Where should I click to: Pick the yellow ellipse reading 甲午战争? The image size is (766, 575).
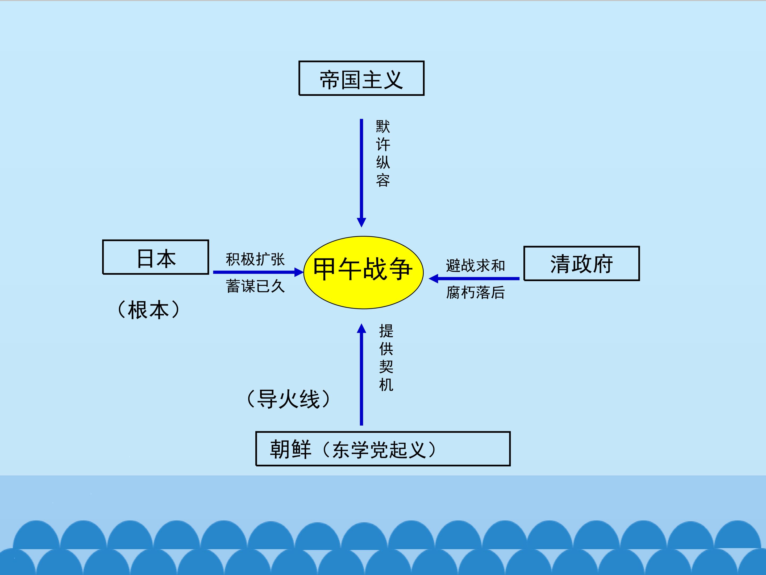(363, 272)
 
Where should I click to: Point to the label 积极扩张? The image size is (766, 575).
(255, 259)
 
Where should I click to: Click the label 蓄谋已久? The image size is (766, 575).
(255, 286)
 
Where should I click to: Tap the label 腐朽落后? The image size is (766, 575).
(476, 293)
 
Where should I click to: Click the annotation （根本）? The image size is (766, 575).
(149, 310)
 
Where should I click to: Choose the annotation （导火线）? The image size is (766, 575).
(289, 399)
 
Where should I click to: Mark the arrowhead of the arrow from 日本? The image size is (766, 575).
(299, 272)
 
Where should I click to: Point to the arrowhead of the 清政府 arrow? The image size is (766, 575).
(434, 278)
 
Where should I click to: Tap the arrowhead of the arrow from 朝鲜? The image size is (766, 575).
(361, 328)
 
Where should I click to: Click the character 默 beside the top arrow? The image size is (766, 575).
(383, 126)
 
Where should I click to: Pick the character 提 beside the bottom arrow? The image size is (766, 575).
(386, 331)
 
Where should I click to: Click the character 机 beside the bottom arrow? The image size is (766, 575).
(386, 385)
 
